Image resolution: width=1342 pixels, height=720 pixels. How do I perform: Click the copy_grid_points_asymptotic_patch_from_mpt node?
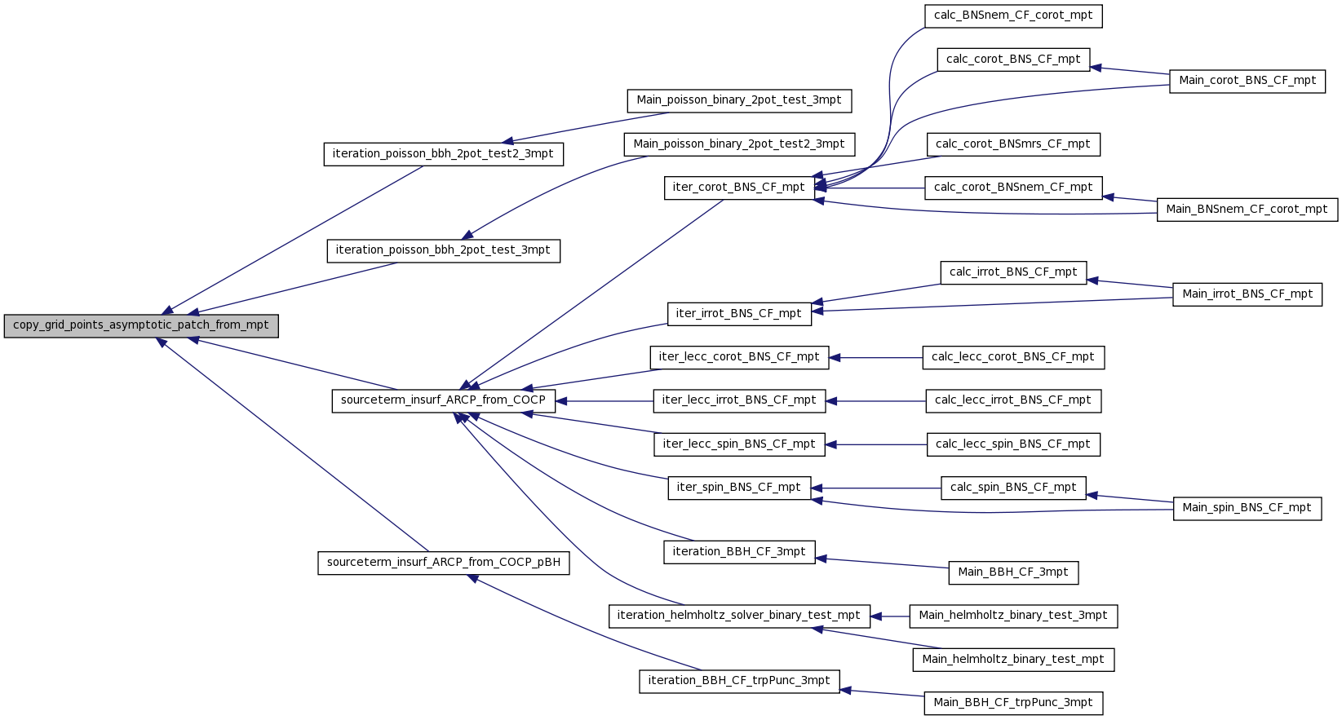[x=141, y=326]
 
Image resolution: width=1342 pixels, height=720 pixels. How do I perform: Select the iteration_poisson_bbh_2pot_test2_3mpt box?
[x=443, y=155]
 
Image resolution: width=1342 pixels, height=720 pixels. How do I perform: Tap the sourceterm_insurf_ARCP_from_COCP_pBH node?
[x=443, y=563]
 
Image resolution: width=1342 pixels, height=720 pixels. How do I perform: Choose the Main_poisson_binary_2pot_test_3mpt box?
[x=738, y=100]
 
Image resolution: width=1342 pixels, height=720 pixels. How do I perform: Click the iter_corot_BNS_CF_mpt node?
[x=738, y=188]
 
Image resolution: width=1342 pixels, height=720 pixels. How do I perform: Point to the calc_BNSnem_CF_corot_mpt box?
[x=1013, y=16]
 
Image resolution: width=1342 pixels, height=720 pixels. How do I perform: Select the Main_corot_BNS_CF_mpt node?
[x=1247, y=82]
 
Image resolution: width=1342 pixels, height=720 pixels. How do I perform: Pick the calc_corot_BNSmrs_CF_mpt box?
[x=1013, y=145]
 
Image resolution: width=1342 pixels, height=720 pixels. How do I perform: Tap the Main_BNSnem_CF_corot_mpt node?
[x=1247, y=210]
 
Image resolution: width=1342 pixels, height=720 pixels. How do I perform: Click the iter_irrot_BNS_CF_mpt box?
[x=738, y=315]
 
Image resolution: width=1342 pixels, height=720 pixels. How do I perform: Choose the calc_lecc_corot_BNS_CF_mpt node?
[x=1013, y=358]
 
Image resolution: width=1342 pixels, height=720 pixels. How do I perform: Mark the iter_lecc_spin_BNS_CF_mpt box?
[x=738, y=445]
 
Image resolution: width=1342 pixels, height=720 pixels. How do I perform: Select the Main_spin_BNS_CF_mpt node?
[x=1247, y=509]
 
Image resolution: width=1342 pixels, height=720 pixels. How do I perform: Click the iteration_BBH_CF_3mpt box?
[x=738, y=552]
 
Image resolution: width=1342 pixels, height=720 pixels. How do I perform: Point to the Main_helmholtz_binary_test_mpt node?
[x=1013, y=660]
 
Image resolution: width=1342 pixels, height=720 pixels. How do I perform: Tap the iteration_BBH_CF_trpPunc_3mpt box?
[x=738, y=682]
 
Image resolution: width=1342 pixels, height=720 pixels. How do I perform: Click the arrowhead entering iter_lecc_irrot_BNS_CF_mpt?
[x=831, y=401]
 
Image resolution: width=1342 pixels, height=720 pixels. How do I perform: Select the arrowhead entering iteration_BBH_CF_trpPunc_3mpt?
[x=845, y=691]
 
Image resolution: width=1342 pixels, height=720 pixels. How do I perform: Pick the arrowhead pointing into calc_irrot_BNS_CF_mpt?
[x=1092, y=280]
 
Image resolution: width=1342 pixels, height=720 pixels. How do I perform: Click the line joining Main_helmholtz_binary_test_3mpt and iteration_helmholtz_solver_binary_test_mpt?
[x=890, y=616]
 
